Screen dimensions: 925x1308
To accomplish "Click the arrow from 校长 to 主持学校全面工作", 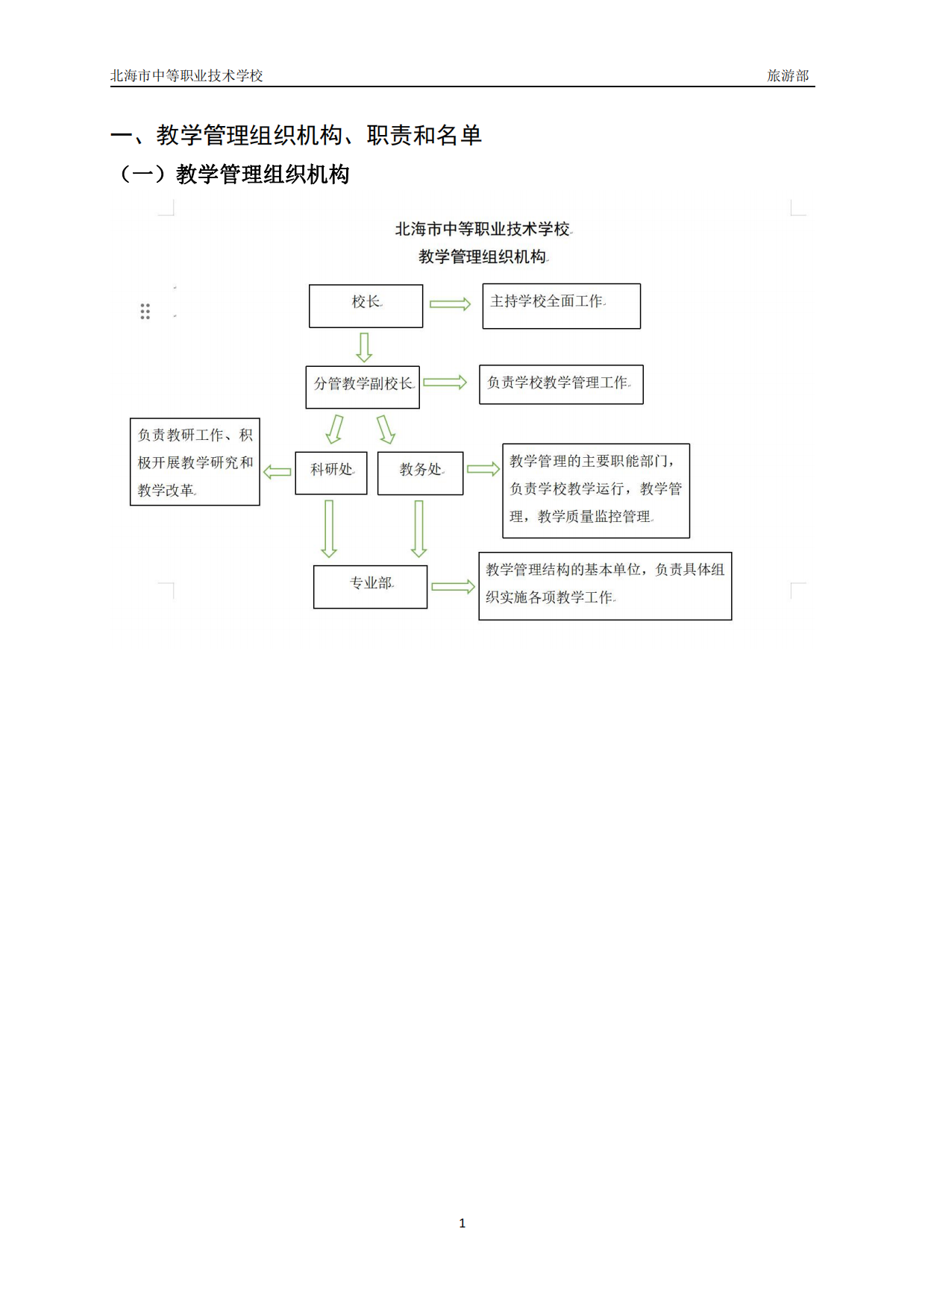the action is pyautogui.click(x=451, y=304).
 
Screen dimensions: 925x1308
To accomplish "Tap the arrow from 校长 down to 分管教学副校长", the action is pyautogui.click(x=364, y=347).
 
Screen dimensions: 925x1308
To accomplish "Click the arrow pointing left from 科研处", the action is pyautogui.click(x=277, y=471).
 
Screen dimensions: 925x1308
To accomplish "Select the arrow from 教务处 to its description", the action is pyautogui.click(x=483, y=469).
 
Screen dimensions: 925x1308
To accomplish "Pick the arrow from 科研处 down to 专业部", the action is pyautogui.click(x=329, y=529).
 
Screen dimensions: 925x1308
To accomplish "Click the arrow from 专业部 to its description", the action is pyautogui.click(x=454, y=586).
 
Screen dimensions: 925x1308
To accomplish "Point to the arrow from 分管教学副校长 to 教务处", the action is pyautogui.click(x=385, y=430).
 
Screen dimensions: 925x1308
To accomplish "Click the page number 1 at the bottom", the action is pyautogui.click(x=462, y=1223).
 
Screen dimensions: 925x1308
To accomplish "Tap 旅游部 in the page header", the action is pyautogui.click(x=788, y=75).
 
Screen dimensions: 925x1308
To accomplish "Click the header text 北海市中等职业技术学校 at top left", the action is pyautogui.click(x=186, y=75).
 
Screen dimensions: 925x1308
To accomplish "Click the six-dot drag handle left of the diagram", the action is pyautogui.click(x=145, y=312).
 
